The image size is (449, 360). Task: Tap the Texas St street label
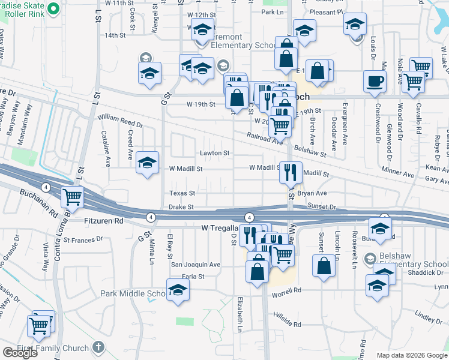[182, 193]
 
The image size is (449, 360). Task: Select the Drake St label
[181, 206]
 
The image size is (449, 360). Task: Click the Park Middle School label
[133, 294]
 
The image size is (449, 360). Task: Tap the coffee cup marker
[375, 82]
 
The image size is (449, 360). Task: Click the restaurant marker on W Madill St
[291, 172]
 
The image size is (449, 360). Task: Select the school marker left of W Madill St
[148, 163]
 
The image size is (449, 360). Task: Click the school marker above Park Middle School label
[178, 290]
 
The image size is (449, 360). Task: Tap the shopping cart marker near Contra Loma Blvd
[73, 196]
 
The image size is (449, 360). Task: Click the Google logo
[20, 353]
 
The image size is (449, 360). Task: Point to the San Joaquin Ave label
[196, 265]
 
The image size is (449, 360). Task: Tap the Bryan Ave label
[312, 193]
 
